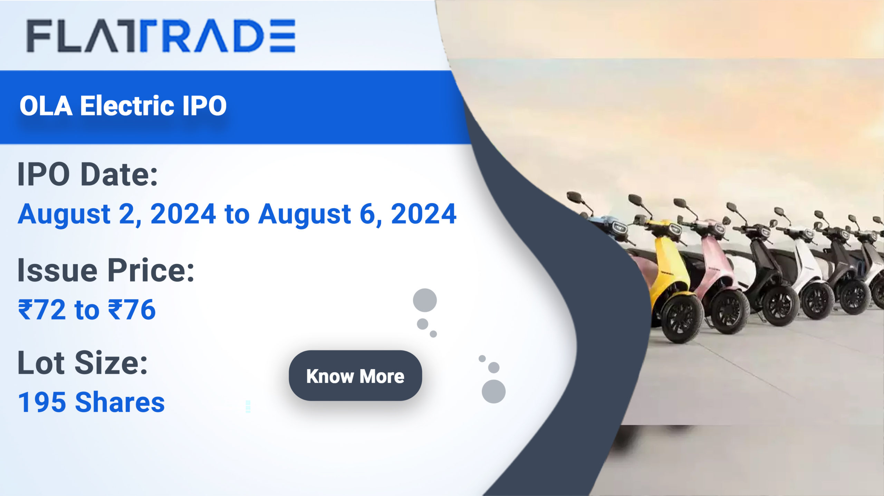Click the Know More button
(355, 376)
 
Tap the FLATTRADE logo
(161, 36)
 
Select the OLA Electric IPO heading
(123, 106)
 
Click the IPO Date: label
(88, 175)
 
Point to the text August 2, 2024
(117, 215)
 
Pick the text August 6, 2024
(358, 215)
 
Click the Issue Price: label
(106, 270)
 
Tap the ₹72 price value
(42, 309)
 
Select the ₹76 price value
(132, 309)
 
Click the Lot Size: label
(83, 363)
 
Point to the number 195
(42, 402)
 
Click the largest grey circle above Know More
(425, 300)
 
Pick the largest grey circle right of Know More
(493, 391)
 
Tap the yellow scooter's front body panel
(672, 266)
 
